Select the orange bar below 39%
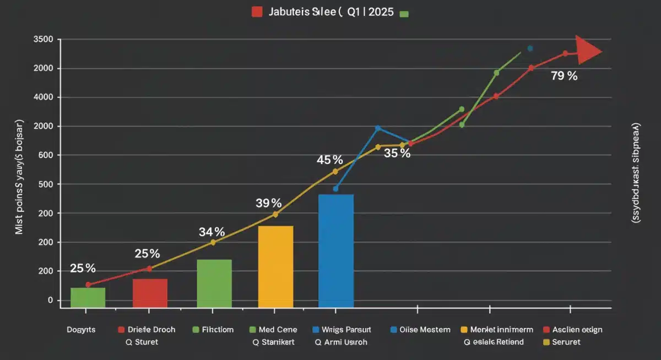pyautogui.click(x=275, y=266)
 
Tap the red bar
pyautogui.click(x=150, y=293)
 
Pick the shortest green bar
pyautogui.click(x=88, y=297)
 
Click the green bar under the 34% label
pyautogui.click(x=214, y=283)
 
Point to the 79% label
pyautogui.click(x=564, y=77)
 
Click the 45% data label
pyautogui.click(x=330, y=160)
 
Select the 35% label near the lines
pyautogui.click(x=397, y=154)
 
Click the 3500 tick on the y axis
pyautogui.click(x=43, y=40)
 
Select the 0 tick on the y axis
pyautogui.click(x=50, y=300)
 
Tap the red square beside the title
pyautogui.click(x=257, y=12)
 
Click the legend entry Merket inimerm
pyautogui.click(x=501, y=330)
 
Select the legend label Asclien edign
pyautogui.click(x=577, y=330)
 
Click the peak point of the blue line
pyautogui.click(x=378, y=128)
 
